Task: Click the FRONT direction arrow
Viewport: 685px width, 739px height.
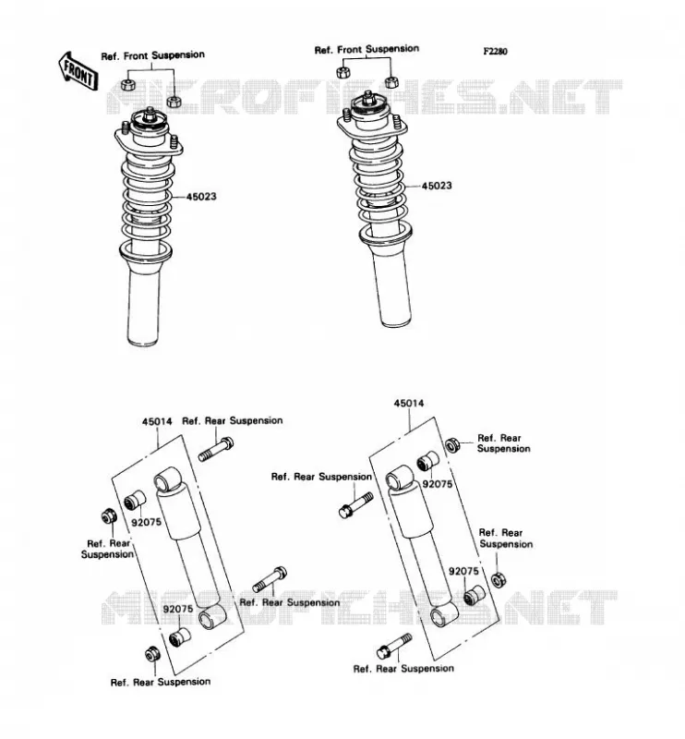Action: [x=78, y=72]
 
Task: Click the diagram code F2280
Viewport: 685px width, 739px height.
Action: [x=495, y=52]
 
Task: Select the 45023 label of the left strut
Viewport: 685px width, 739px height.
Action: [x=201, y=197]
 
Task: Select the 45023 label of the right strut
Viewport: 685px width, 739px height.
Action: [x=437, y=186]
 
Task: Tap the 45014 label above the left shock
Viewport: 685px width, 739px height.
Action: [x=157, y=422]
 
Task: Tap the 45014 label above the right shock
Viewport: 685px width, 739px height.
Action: [x=409, y=404]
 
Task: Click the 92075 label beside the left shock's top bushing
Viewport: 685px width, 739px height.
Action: [x=146, y=522]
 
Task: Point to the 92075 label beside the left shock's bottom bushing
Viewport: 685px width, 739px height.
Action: [x=178, y=609]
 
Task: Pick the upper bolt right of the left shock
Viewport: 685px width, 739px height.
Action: [x=216, y=449]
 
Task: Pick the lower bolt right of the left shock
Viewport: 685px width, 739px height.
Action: [x=270, y=580]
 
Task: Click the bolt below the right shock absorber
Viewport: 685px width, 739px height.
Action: [x=394, y=646]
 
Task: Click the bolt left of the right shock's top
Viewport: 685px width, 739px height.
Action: [x=356, y=505]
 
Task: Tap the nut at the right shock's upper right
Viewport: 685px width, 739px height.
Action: [x=452, y=444]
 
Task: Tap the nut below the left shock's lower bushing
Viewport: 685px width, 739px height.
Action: [x=152, y=654]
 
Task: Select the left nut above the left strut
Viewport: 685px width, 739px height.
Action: [x=128, y=85]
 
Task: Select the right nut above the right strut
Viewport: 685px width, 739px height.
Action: [x=391, y=82]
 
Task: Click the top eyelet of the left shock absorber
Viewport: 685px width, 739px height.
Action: [x=167, y=479]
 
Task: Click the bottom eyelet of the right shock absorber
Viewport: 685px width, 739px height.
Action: [x=444, y=614]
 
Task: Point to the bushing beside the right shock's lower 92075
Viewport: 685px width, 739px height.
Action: [x=474, y=596]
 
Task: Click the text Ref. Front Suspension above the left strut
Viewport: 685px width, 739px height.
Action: [x=152, y=55]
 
